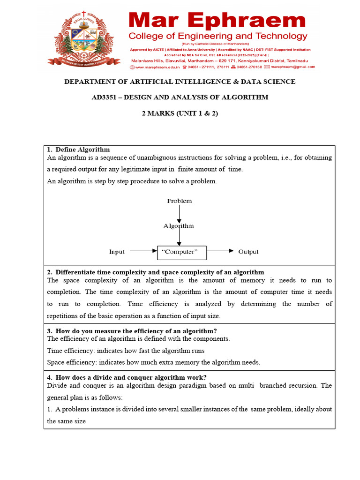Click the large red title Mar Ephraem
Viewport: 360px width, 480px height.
click(217, 21)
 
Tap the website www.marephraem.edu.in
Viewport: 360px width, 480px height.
click(155, 67)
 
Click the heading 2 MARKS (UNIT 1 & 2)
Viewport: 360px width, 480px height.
click(180, 113)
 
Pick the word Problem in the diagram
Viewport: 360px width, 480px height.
click(180, 201)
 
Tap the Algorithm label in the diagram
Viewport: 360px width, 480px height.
click(179, 226)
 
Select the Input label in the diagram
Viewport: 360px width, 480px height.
click(117, 252)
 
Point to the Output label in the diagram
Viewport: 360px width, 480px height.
click(248, 252)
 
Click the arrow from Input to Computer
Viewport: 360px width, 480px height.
click(143, 251)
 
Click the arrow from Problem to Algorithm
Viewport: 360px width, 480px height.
click(179, 214)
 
